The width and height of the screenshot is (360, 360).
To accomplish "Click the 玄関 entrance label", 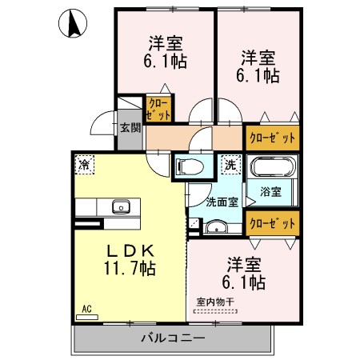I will (130, 127).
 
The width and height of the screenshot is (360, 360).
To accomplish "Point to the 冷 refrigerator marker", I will (84, 164).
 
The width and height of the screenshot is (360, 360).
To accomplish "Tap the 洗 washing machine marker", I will (230, 164).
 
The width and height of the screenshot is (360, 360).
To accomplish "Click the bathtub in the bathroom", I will (272, 170).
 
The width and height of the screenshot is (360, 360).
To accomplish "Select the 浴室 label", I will (271, 192).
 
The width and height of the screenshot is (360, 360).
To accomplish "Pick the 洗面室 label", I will (221, 202).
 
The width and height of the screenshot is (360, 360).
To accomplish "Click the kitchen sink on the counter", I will (121, 206).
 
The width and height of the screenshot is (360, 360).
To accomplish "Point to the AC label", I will (86, 306).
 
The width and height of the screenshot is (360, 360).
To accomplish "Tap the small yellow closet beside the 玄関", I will (157, 109).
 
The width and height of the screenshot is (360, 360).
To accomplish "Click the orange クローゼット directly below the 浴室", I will (272, 223).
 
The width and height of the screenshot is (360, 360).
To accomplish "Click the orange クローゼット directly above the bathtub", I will (272, 137).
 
